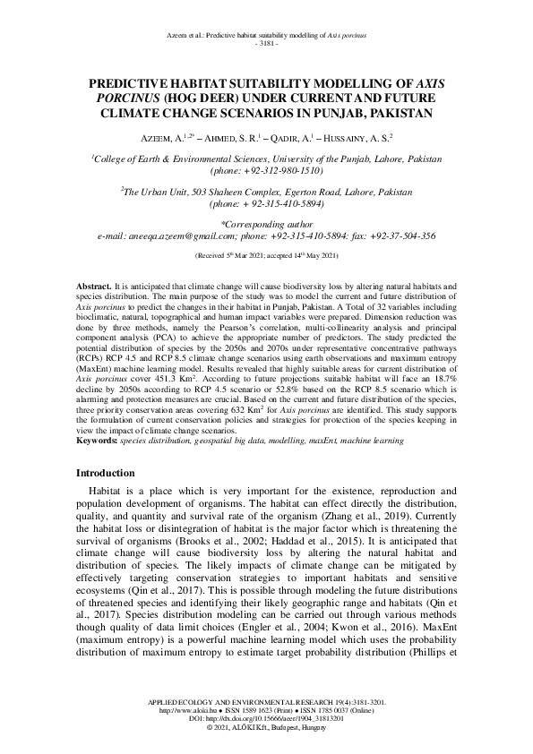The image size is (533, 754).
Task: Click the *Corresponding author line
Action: (x=266, y=224)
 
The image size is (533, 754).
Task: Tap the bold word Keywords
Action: (x=96, y=441)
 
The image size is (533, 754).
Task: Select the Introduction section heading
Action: (x=105, y=473)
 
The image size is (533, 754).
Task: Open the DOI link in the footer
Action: (x=267, y=719)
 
